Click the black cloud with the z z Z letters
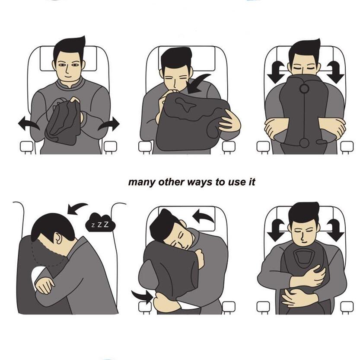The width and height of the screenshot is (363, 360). click(x=100, y=222)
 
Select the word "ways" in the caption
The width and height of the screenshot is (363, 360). click(x=200, y=182)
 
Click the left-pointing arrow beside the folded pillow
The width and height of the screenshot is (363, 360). click(x=29, y=124)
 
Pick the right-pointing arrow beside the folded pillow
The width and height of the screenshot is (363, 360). click(x=109, y=124)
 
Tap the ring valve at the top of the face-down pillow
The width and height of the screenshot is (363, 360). click(x=304, y=88)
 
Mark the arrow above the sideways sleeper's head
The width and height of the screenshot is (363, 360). click(x=77, y=209)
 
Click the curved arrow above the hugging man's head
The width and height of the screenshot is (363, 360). click(x=203, y=215)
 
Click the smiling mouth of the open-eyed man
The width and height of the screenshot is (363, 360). click(x=67, y=77)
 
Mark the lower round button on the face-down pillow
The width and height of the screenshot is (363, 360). click(x=303, y=142)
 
